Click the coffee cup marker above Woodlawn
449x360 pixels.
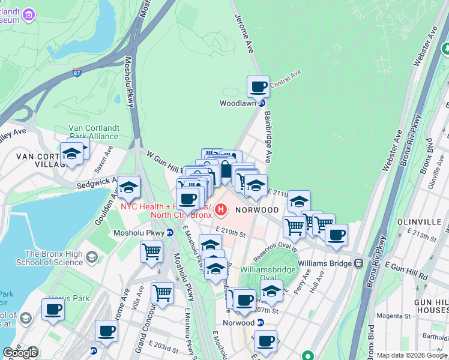(x=258, y=87)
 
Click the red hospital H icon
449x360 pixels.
(x=221, y=210)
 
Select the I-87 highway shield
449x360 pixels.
(x=77, y=73)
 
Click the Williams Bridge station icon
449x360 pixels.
(x=358, y=263)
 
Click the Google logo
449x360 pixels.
(x=20, y=353)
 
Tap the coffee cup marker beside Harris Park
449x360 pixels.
(x=53, y=310)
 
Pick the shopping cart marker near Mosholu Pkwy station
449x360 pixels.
(x=151, y=251)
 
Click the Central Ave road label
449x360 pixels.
(x=285, y=79)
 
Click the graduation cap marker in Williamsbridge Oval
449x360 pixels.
(x=272, y=291)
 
